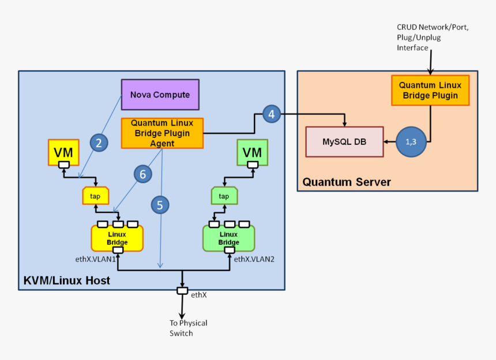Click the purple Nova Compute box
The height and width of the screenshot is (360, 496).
(160, 95)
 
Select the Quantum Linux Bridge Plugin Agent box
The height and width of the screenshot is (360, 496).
(162, 133)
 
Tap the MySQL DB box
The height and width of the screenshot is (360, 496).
(344, 141)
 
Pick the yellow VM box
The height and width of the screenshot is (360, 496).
(64, 152)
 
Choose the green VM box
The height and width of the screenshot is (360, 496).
(252, 152)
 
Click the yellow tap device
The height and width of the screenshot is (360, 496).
(95, 196)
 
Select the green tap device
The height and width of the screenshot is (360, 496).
(224, 196)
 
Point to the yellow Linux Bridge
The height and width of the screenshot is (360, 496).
(117, 238)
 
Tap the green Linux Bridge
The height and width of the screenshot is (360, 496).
(228, 238)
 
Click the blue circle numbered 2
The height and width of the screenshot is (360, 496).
(99, 143)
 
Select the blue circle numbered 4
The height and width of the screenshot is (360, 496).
(271, 114)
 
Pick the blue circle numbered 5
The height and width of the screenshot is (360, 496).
(160, 204)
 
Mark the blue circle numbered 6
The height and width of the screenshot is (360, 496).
(142, 173)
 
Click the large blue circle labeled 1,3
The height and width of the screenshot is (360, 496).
(411, 142)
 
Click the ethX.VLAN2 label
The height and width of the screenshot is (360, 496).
(254, 260)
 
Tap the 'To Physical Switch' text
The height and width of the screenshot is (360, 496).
(188, 328)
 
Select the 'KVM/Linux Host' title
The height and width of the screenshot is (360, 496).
(66, 280)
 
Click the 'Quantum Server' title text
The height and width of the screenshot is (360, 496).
(347, 182)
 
